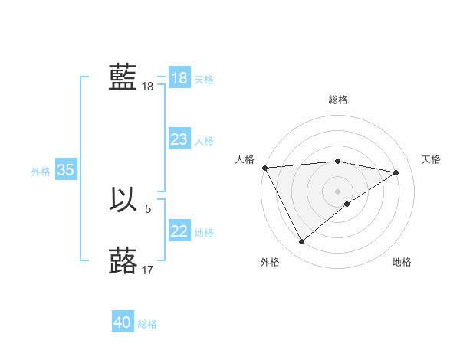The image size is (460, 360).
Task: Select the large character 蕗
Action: tap(123, 261)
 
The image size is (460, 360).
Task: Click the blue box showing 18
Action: tap(179, 78)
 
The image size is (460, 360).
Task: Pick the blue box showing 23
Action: tap(179, 139)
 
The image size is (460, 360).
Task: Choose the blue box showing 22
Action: tap(179, 231)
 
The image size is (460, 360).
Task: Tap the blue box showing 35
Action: tap(65, 170)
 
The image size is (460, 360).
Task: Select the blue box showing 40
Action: tap(122, 322)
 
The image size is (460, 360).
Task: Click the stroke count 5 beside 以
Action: tap(148, 208)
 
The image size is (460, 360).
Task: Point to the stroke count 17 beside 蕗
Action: tap(148, 270)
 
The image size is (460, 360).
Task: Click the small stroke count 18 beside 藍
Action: tap(147, 87)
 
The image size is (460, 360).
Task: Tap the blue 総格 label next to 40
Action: tap(147, 324)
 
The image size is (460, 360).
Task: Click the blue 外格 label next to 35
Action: tap(41, 172)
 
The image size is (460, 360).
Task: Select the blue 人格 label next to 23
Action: tap(204, 141)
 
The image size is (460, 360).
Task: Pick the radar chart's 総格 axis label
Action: tap(337, 100)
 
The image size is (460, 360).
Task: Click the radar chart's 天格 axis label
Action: tap(431, 159)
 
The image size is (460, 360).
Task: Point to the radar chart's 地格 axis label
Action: tap(402, 262)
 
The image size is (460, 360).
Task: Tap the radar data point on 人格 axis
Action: tap(264, 168)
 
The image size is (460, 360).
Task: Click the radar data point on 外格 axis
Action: tap(302, 242)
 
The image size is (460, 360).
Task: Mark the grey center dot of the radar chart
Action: tap(337, 191)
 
